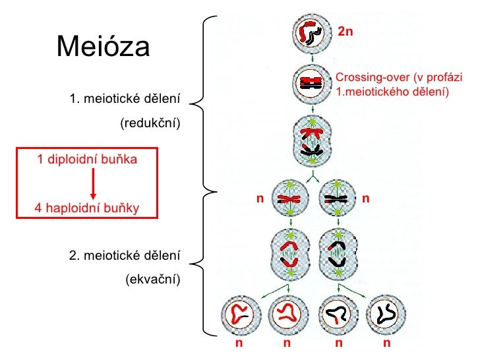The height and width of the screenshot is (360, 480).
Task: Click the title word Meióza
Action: (x=104, y=46)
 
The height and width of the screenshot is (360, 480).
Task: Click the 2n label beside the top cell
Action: (x=346, y=31)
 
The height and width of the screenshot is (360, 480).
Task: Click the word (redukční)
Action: (x=150, y=123)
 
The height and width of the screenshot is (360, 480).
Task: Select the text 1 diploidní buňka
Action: (x=88, y=159)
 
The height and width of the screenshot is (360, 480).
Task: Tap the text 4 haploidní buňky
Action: (x=88, y=208)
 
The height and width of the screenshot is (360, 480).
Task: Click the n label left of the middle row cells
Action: (x=260, y=198)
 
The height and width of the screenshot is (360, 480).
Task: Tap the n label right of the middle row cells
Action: (x=365, y=198)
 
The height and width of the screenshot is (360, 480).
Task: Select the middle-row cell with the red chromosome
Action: (x=289, y=198)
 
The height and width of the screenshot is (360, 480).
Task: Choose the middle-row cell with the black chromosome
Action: (x=337, y=198)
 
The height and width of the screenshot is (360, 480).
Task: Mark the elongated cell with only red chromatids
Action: (x=289, y=254)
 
